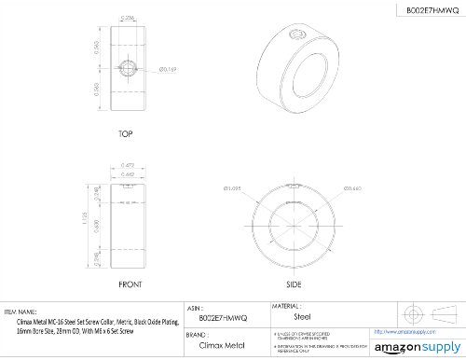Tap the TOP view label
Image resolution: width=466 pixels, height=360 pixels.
[125, 134]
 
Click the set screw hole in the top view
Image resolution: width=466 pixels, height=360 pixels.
[126, 70]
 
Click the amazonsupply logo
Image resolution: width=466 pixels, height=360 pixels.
[413, 346]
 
